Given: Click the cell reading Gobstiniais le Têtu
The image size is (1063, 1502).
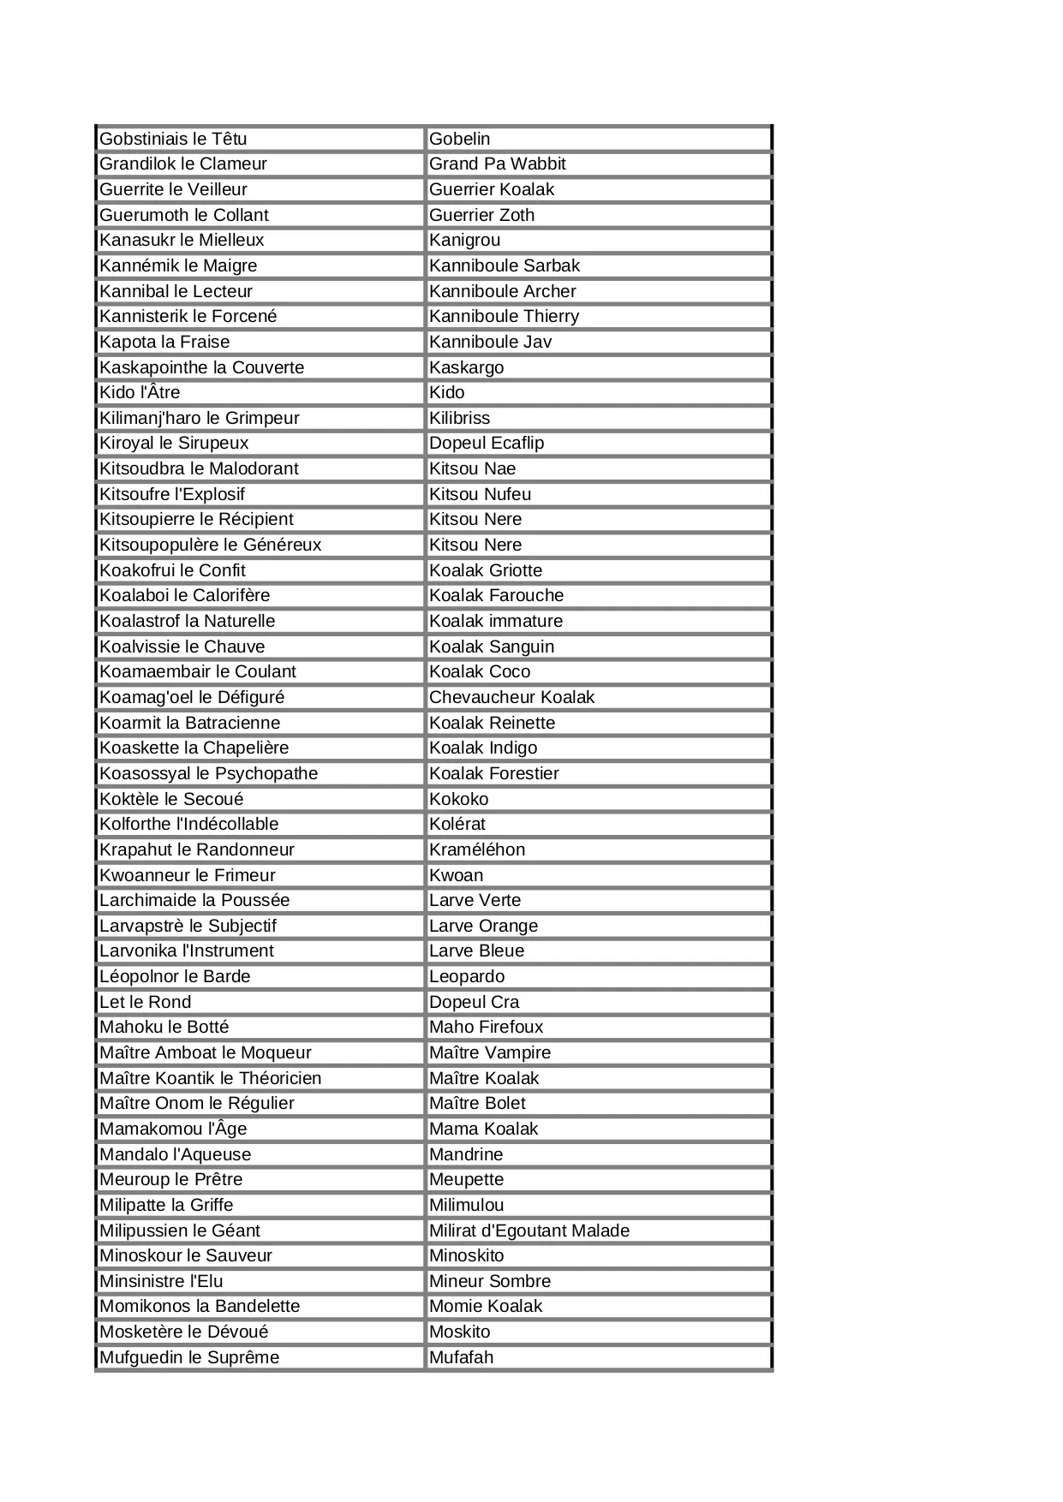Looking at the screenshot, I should (x=173, y=139).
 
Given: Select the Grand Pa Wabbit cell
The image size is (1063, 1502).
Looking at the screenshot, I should (x=497, y=164).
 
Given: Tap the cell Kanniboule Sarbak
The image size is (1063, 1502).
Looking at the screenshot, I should (x=504, y=265).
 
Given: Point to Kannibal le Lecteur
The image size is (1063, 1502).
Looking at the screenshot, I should (x=176, y=291).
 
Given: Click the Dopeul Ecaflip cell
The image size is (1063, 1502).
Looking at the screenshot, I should (x=486, y=443).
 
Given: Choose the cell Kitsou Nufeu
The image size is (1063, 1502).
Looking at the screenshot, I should (x=480, y=494).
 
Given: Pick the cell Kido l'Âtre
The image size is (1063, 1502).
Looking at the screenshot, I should (x=140, y=392).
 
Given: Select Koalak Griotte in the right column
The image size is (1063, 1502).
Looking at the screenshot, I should (x=485, y=570).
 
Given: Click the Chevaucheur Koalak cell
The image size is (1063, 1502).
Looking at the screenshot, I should (x=511, y=697).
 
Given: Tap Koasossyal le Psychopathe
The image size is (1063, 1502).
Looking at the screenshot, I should (x=208, y=773).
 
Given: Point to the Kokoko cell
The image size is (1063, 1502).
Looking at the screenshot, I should (x=458, y=799).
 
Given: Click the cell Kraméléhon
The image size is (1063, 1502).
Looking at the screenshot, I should (x=476, y=849).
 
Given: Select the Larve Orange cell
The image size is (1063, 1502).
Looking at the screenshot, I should (x=483, y=926).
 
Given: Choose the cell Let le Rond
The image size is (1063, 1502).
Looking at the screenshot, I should (x=145, y=1002).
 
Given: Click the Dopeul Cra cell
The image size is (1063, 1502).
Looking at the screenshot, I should (x=474, y=1002).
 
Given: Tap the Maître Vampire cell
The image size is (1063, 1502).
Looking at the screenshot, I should (x=489, y=1052).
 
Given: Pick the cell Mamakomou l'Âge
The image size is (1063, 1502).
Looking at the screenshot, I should (x=173, y=1129).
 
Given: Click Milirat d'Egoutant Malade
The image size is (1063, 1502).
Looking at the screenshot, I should (x=529, y=1231).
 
